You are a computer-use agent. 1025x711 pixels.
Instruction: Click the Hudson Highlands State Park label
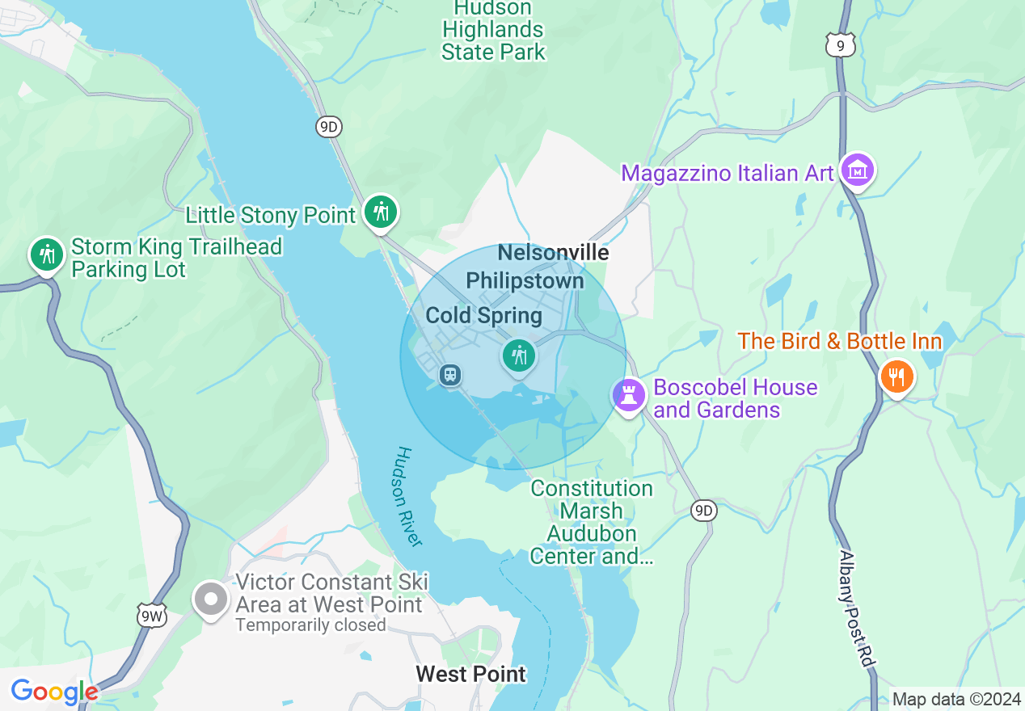pos(492,31)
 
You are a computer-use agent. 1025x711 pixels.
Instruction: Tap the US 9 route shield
pos(841,46)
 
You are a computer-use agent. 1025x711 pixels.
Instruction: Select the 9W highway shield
pos(150,615)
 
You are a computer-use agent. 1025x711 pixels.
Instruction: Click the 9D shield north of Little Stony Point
pos(328,126)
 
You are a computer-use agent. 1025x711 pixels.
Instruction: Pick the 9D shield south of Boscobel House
pos(704,510)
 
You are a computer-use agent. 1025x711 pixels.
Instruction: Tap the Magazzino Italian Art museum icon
pos(858,170)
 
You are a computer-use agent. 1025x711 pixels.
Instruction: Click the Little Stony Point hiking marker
pos(379,212)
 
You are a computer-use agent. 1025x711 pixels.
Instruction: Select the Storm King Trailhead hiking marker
pos(47,255)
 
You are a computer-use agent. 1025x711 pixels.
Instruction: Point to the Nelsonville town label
pos(553,252)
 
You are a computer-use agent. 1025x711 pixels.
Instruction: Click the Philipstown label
pos(525,280)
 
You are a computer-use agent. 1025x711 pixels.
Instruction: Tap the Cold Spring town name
pos(483,315)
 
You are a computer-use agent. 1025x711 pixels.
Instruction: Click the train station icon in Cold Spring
pos(450,374)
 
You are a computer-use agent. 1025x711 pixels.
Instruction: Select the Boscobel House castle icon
pos(629,395)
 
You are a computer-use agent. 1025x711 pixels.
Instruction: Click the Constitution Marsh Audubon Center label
pos(592,522)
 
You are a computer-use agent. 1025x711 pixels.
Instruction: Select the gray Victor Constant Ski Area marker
pos(211,600)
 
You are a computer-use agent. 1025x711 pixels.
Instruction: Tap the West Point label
pos(470,674)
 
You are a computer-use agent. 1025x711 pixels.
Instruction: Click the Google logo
pos(54,692)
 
